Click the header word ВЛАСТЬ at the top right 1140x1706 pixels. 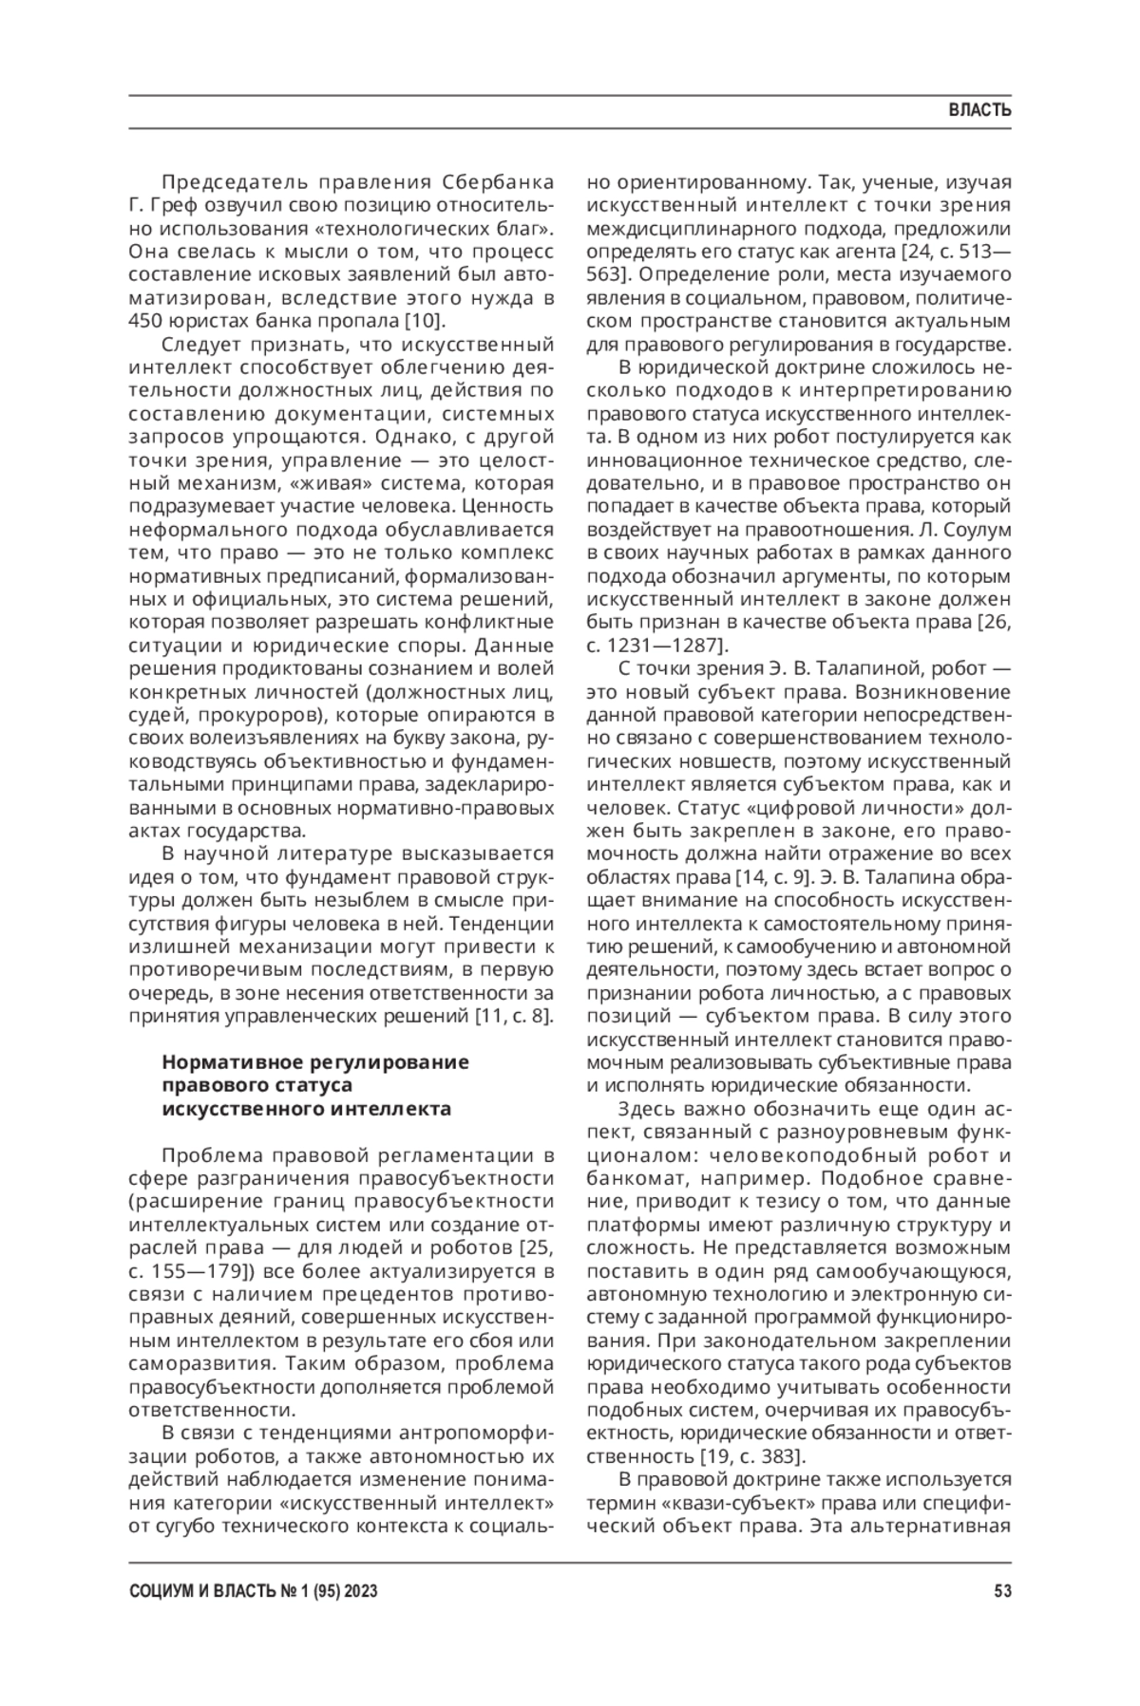click(x=979, y=111)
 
